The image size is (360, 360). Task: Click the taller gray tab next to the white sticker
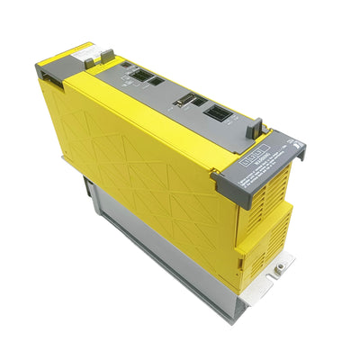106,56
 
